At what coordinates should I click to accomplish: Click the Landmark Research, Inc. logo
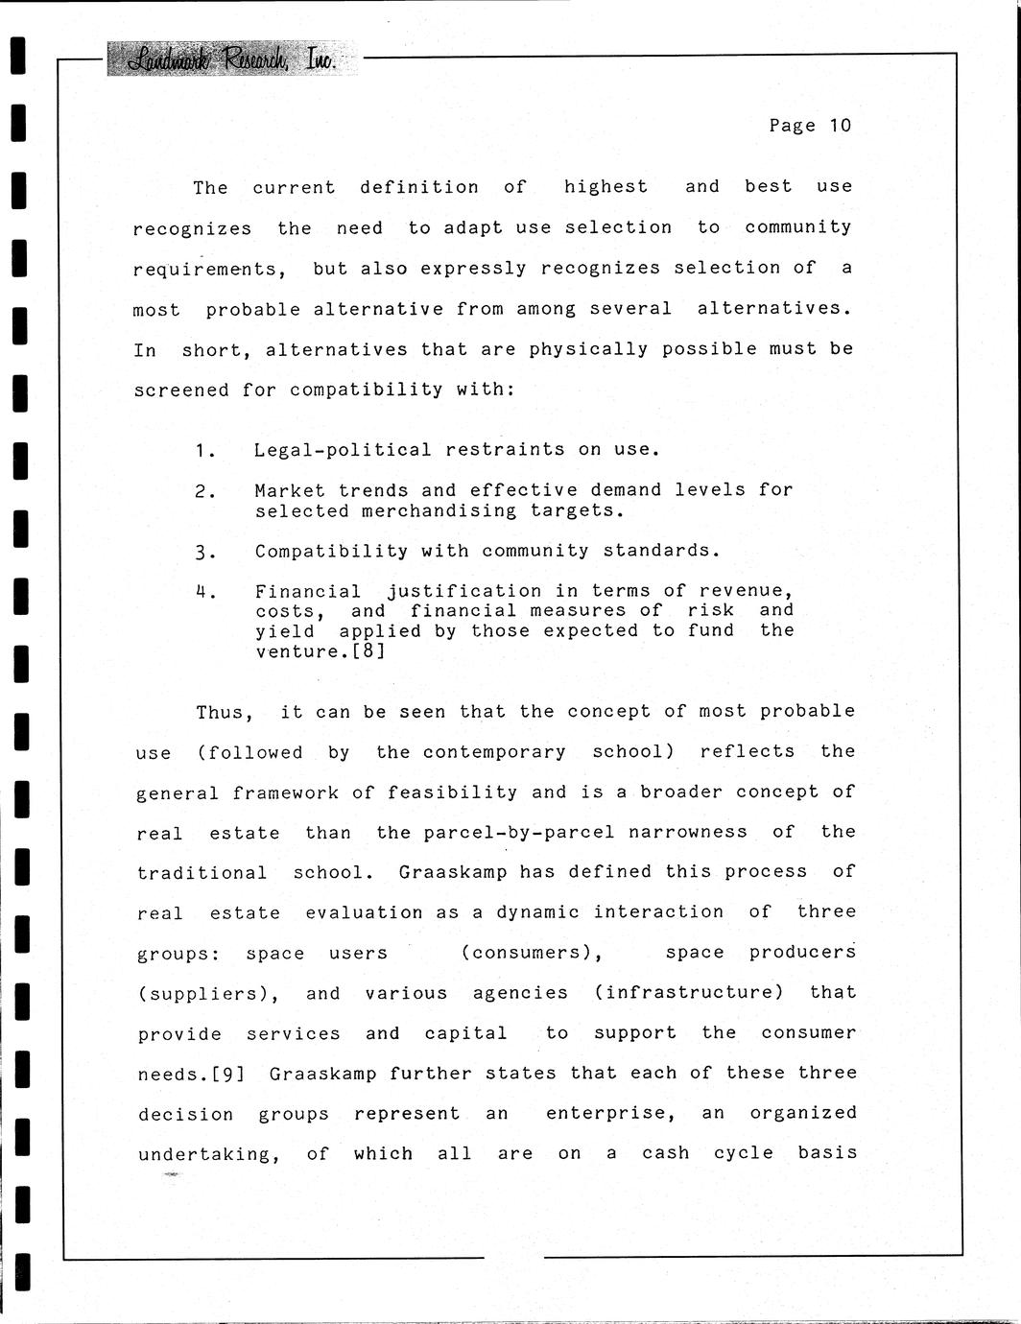pos(231,59)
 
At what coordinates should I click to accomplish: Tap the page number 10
pos(841,126)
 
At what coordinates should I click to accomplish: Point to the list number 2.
pos(202,491)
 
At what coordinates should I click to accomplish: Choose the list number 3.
pos(202,552)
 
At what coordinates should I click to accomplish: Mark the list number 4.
pos(202,592)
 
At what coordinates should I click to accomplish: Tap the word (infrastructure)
pos(689,992)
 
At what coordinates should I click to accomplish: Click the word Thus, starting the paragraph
pos(226,712)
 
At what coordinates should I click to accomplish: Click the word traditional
pos(202,872)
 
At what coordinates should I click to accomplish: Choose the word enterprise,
pos(611,1114)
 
